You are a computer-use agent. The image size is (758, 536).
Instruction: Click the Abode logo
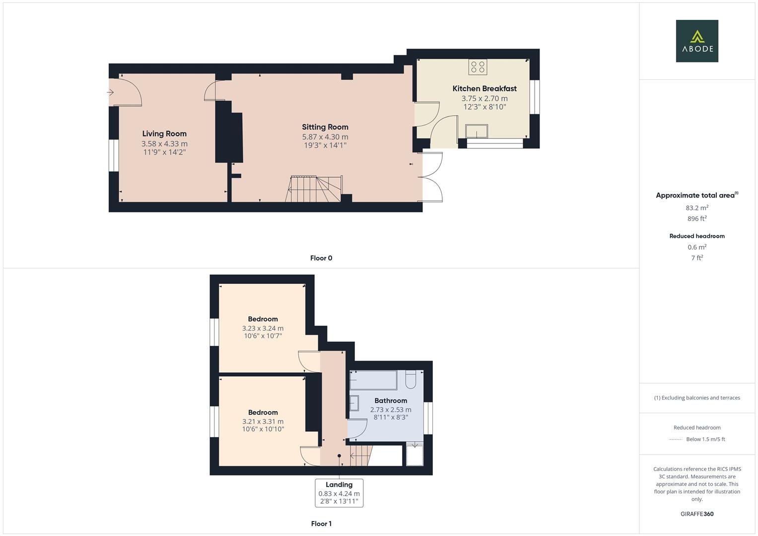pyautogui.click(x=697, y=41)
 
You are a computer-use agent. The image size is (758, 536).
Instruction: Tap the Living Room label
pyautogui.click(x=164, y=134)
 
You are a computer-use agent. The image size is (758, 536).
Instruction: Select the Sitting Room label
pyautogui.click(x=325, y=127)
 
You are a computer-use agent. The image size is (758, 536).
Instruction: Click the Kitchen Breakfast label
pyautogui.click(x=484, y=88)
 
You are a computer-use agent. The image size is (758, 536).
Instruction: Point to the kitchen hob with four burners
pyautogui.click(x=478, y=67)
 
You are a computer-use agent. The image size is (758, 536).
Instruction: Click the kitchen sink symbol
pyautogui.click(x=476, y=131)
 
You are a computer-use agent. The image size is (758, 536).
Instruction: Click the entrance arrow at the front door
pyautogui.click(x=111, y=92)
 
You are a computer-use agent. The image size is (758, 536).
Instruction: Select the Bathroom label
pyautogui.click(x=391, y=401)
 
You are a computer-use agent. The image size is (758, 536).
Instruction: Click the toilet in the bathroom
pyautogui.click(x=411, y=380)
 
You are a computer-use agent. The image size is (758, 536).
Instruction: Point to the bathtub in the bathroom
pyautogui.click(x=373, y=380)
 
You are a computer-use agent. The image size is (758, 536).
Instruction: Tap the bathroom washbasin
pyautogui.click(x=354, y=403)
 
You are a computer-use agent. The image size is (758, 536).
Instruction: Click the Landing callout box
pyautogui.click(x=339, y=493)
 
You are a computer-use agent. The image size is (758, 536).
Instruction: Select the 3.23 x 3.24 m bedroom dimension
pyautogui.click(x=263, y=328)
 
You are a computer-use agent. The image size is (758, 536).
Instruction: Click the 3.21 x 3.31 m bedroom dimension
pyautogui.click(x=263, y=421)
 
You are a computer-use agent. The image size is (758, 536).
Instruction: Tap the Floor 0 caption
pyautogui.click(x=321, y=258)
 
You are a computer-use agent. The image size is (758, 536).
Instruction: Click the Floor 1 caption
pyautogui.click(x=321, y=524)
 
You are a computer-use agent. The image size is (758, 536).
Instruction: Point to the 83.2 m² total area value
pyautogui.click(x=697, y=208)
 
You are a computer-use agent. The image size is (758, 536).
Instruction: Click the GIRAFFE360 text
pyautogui.click(x=697, y=514)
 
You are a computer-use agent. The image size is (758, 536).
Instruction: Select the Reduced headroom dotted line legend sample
pyautogui.click(x=675, y=439)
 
